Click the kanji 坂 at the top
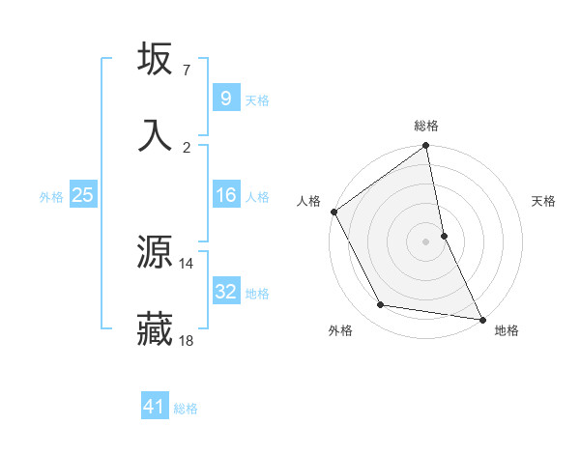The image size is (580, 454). (x=156, y=59)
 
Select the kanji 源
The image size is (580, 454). (x=156, y=252)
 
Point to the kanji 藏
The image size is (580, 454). (x=156, y=329)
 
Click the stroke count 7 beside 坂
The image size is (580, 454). (x=186, y=71)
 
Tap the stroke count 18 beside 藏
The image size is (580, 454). (x=187, y=340)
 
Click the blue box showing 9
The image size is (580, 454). (x=225, y=98)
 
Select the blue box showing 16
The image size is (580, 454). (x=225, y=195)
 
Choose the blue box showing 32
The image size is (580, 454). (x=225, y=292)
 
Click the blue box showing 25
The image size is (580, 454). (x=82, y=195)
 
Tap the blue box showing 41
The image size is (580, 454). (x=155, y=407)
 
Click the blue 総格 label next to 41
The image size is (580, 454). (x=186, y=409)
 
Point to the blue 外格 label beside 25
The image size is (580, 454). (x=51, y=197)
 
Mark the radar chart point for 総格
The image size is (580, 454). (x=425, y=147)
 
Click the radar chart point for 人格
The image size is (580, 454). (x=333, y=212)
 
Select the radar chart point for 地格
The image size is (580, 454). (x=481, y=318)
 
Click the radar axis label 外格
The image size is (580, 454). (x=340, y=330)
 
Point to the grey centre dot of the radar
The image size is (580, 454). (x=425, y=241)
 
